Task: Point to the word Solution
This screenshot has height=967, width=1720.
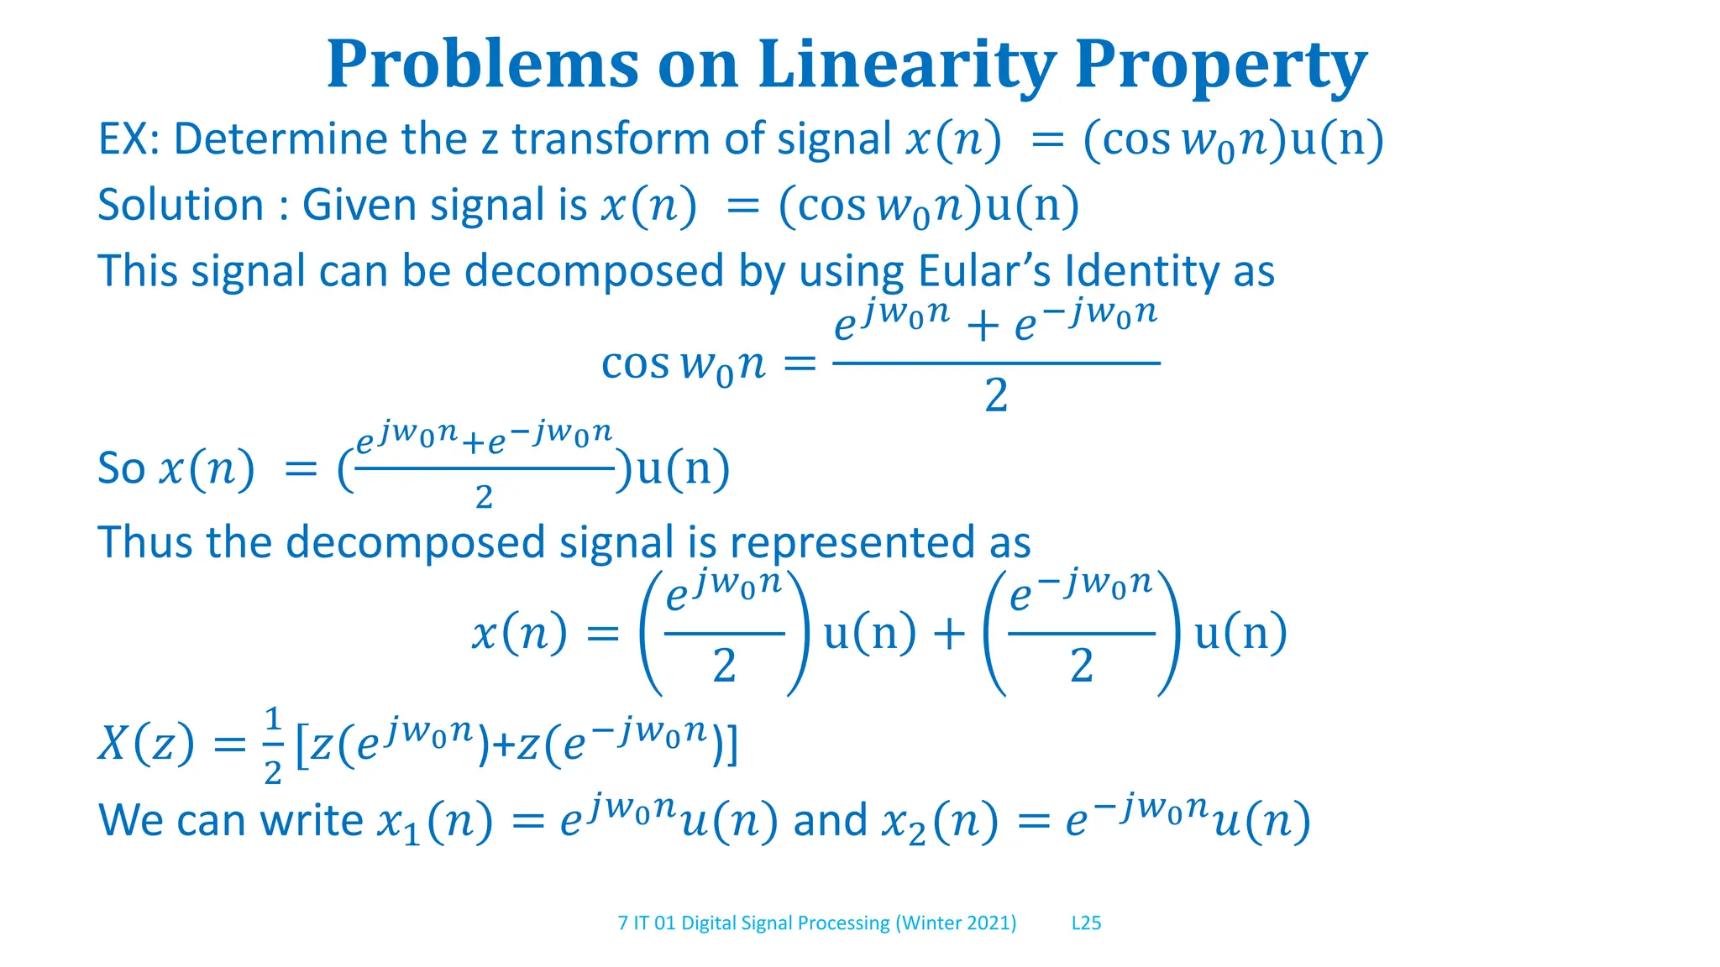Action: [181, 205]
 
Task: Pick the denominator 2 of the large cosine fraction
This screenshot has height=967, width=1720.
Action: [996, 395]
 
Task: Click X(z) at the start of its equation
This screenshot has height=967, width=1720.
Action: [145, 744]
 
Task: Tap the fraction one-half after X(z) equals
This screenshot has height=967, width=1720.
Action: [273, 745]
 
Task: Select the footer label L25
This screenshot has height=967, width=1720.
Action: [1086, 923]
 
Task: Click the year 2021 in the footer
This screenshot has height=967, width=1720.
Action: [988, 923]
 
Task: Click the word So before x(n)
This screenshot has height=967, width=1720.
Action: [122, 468]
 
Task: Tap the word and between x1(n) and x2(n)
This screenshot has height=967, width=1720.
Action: [830, 820]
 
